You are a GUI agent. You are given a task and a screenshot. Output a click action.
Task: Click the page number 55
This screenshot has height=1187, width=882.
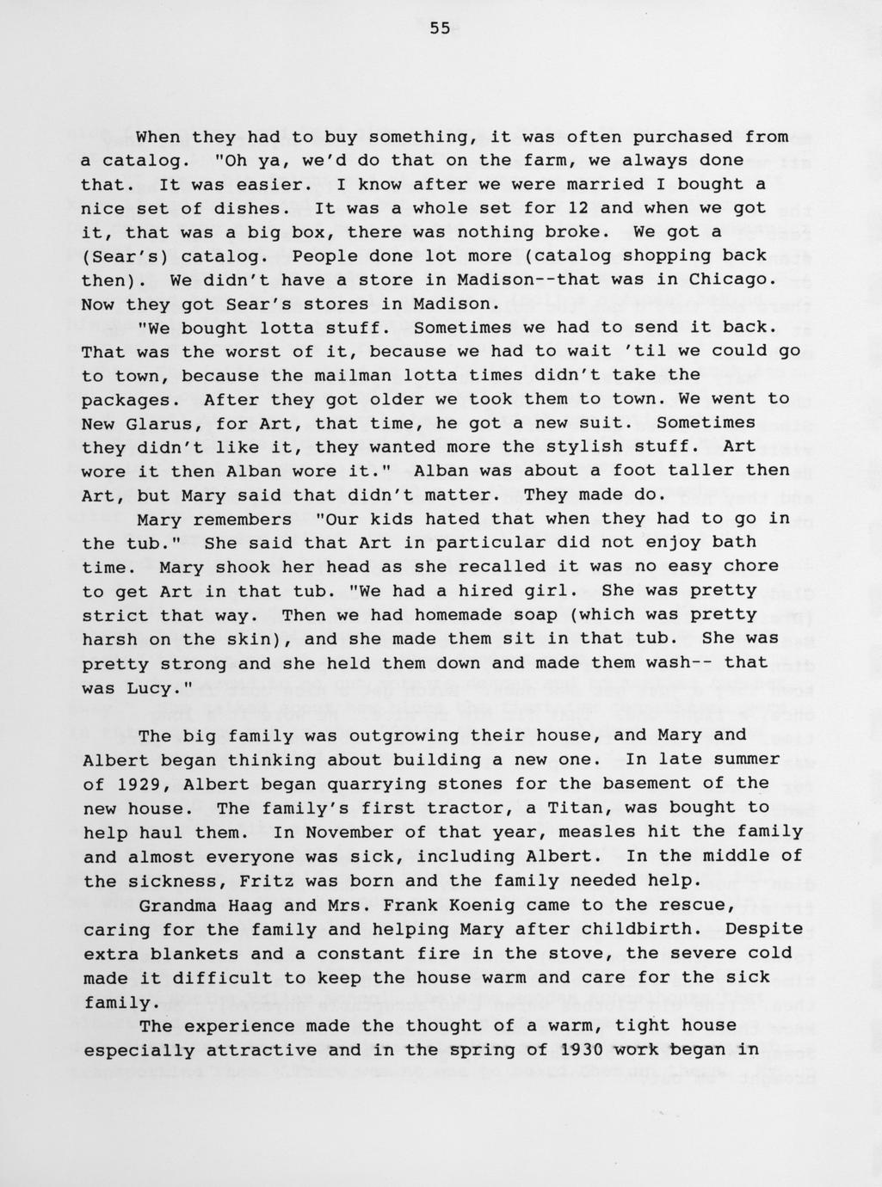tap(440, 28)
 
